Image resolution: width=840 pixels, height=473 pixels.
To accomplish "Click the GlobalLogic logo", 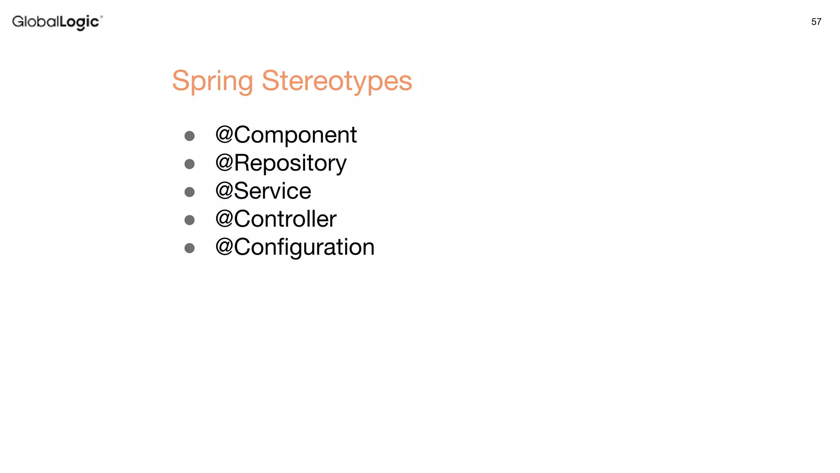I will [57, 22].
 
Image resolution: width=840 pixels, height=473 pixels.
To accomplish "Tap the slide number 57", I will [816, 22].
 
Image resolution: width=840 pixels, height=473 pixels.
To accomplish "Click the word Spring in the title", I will [212, 81].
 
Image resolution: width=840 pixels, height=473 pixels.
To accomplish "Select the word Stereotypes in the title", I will [337, 81].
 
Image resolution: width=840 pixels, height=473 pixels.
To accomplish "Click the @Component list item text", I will [286, 135].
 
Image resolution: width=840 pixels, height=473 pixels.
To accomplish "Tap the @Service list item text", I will [263, 191].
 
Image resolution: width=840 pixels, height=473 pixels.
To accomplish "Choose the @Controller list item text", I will [276, 219].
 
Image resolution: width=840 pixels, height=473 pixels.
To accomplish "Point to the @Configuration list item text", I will [295, 247].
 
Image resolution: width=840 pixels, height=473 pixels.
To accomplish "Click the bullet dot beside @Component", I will [189, 136].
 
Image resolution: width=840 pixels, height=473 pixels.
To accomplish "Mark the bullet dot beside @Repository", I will [189, 164].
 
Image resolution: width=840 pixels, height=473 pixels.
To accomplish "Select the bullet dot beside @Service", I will [189, 192].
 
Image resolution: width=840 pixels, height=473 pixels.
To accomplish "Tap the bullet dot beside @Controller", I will [189, 220].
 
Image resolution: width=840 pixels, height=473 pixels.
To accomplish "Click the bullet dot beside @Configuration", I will [189, 248].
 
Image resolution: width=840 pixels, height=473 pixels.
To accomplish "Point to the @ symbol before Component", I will [224, 135].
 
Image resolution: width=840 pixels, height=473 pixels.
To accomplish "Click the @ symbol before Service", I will [224, 191].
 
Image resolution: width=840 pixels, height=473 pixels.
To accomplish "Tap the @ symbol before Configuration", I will [224, 247].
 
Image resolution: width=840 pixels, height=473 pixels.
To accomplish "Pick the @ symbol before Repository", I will [224, 163].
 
